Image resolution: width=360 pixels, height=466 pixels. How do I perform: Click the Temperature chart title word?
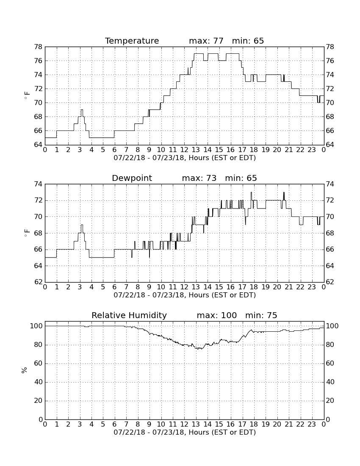click(132, 41)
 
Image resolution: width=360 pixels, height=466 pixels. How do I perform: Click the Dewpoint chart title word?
click(132, 178)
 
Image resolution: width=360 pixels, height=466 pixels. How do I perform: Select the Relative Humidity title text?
click(129, 315)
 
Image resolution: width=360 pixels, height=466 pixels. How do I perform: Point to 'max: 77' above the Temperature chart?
click(206, 41)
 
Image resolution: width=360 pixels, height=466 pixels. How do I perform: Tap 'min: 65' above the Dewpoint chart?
click(241, 178)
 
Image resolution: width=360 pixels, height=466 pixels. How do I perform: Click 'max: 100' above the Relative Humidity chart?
click(217, 315)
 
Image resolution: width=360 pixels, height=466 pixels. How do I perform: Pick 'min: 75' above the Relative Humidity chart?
click(261, 315)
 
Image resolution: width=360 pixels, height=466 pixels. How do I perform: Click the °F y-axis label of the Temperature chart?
click(27, 96)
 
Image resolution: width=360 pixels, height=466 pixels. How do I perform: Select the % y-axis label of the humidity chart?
click(25, 370)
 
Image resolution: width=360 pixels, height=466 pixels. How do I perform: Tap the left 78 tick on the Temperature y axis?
click(38, 47)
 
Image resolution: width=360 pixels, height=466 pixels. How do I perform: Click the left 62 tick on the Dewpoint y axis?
click(38, 282)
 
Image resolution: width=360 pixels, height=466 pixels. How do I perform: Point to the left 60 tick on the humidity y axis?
click(38, 363)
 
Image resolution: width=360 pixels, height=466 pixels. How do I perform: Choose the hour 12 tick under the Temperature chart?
click(184, 150)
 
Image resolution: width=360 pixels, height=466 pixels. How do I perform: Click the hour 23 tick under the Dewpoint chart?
click(312, 287)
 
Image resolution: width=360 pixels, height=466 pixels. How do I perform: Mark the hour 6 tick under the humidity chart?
click(115, 424)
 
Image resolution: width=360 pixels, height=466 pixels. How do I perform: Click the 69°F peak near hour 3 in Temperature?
click(82, 110)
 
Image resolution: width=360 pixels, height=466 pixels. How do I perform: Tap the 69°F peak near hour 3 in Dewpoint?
click(82, 225)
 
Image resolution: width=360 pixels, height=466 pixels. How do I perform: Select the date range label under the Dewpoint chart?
click(185, 295)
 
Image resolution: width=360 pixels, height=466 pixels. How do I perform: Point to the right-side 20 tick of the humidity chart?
click(330, 401)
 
